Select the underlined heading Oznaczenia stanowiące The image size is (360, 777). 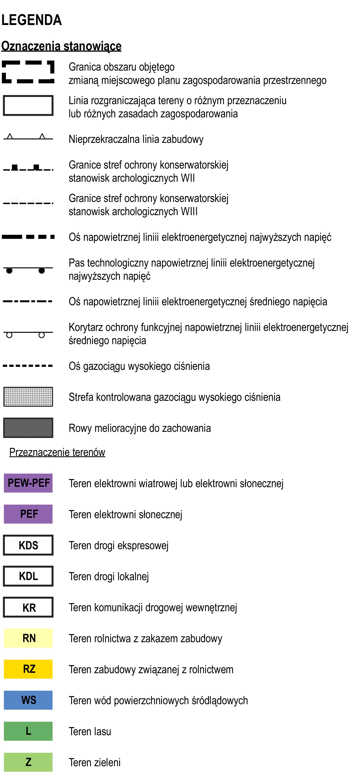(x=61, y=46)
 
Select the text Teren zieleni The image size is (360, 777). (x=94, y=762)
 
